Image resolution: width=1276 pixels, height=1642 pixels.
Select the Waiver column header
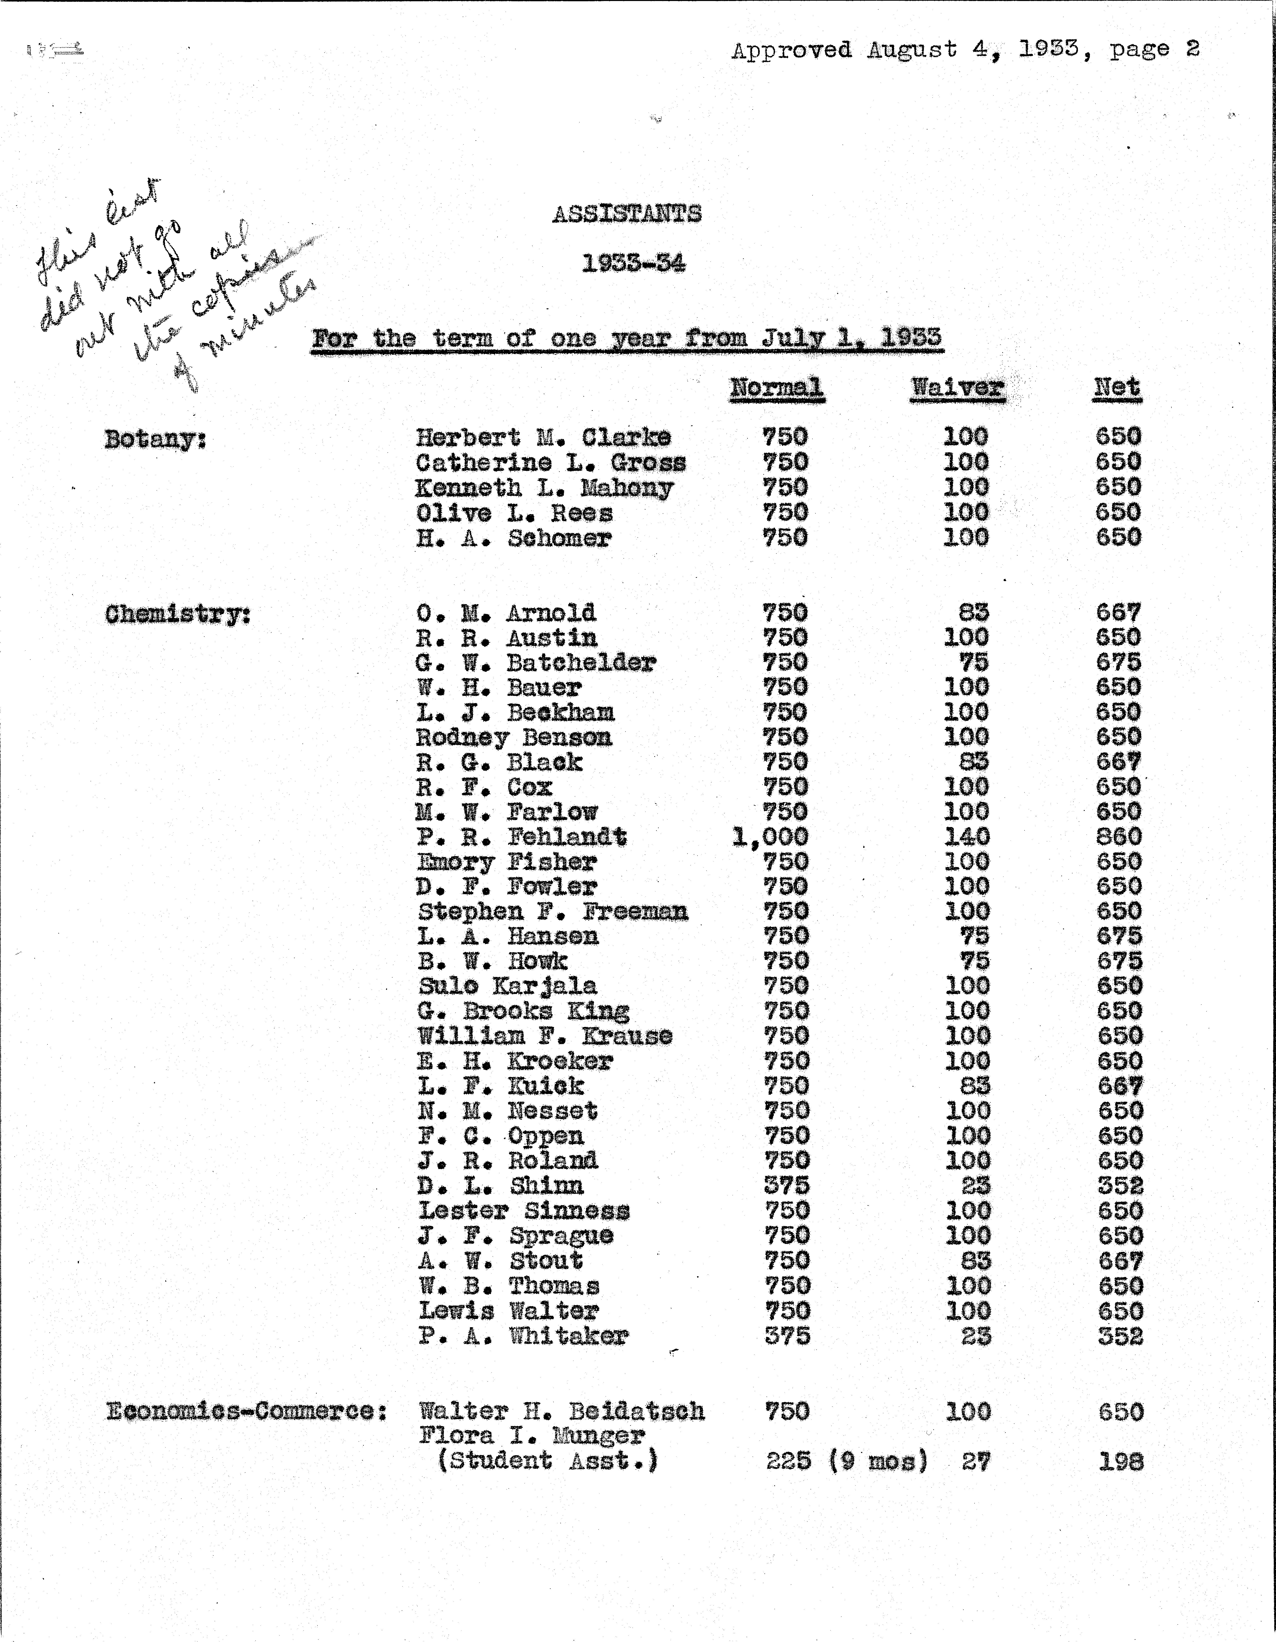click(957, 388)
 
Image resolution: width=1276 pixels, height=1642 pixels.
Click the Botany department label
click(155, 439)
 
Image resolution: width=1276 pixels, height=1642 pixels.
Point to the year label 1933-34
click(633, 264)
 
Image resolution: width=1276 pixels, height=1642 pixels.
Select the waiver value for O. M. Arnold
click(974, 613)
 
